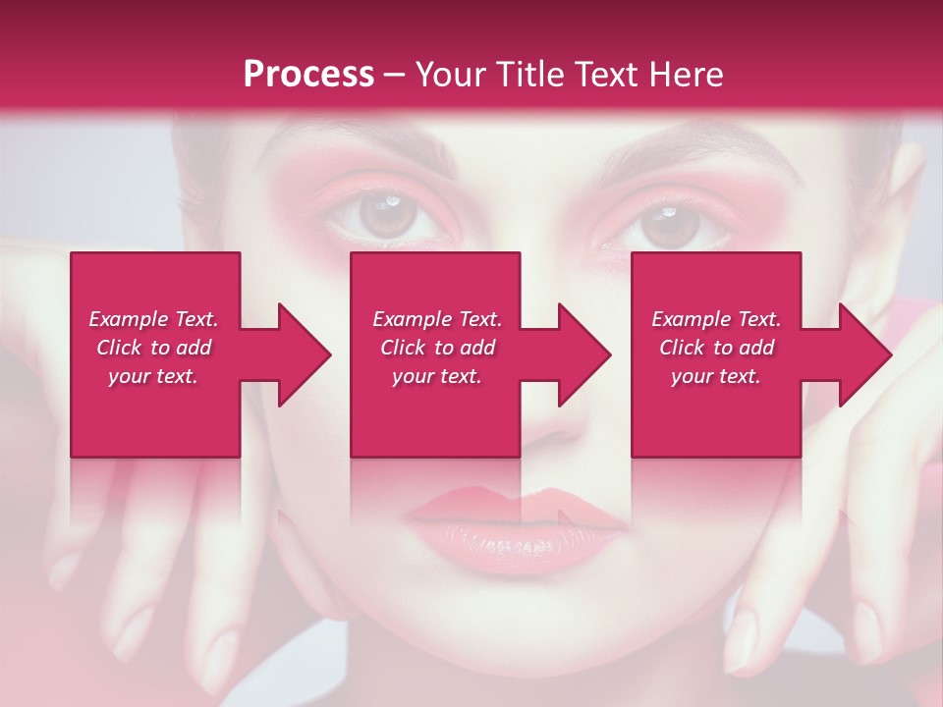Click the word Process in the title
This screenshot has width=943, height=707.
308,75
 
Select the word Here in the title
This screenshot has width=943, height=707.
687,75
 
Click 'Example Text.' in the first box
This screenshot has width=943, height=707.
153,319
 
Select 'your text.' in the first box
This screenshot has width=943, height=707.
153,376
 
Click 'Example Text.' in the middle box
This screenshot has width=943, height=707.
437,319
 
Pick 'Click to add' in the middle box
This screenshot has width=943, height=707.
437,348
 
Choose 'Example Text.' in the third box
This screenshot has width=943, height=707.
716,319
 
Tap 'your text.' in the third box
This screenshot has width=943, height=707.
716,376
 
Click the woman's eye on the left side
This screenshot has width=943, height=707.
388,216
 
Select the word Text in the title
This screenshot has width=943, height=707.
608,75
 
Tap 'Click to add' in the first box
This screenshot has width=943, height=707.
153,348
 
